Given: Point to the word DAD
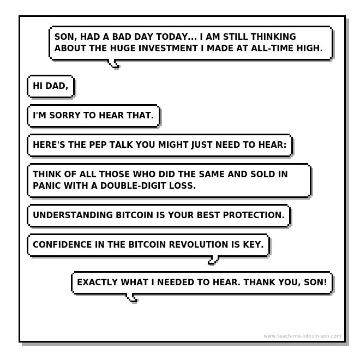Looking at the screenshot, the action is pyautogui.click(x=57, y=86).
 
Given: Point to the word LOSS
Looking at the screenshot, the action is pyautogui.click(x=182, y=185).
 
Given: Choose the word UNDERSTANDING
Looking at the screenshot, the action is pyautogui.click(x=73, y=215).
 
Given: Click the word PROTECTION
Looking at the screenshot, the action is pyautogui.click(x=254, y=215).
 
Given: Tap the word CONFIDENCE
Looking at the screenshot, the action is pyautogui.click(x=62, y=244).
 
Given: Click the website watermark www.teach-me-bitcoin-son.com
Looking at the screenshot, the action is pyautogui.click(x=302, y=336).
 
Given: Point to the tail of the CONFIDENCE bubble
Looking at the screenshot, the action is pyautogui.click(x=213, y=260).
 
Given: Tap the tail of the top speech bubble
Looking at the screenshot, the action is pyautogui.click(x=113, y=64).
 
